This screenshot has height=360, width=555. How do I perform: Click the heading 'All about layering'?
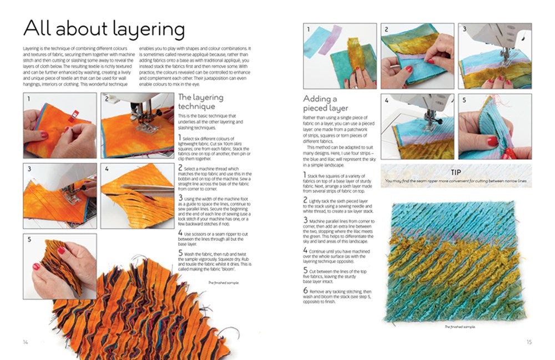[103, 28]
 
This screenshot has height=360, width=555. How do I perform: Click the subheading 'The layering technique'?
[200, 102]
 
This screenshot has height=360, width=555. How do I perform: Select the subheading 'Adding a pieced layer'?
[325, 103]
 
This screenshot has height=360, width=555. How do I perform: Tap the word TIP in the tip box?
[456, 172]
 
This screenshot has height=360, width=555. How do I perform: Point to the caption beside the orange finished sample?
[218, 283]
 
